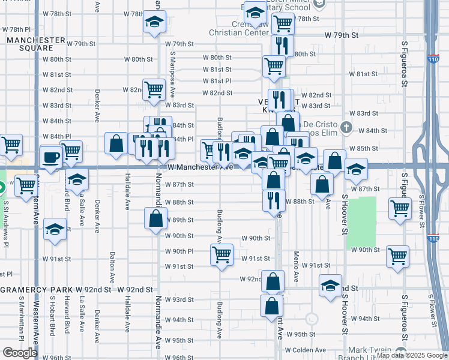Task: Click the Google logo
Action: (20, 353)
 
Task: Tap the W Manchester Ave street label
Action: (200, 167)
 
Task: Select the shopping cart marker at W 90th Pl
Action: (221, 254)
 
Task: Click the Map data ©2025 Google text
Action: (411, 355)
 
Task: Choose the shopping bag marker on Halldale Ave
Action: (116, 143)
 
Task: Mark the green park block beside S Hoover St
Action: (361, 222)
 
